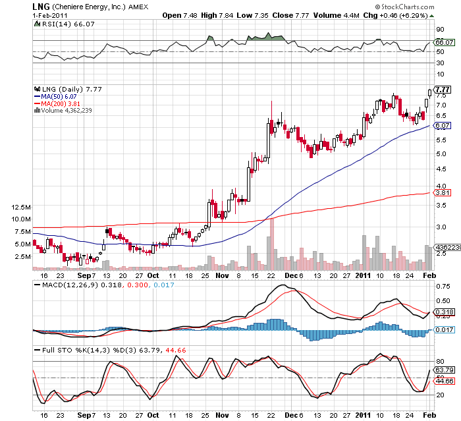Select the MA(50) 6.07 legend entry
59,96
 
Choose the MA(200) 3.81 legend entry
60,103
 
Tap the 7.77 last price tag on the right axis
442,89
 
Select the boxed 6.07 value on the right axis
442,125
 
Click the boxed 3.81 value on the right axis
442,193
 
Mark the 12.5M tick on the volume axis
22,206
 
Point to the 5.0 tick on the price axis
441,154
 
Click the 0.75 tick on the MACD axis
443,287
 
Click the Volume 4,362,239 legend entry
63,110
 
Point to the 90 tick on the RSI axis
439,30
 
